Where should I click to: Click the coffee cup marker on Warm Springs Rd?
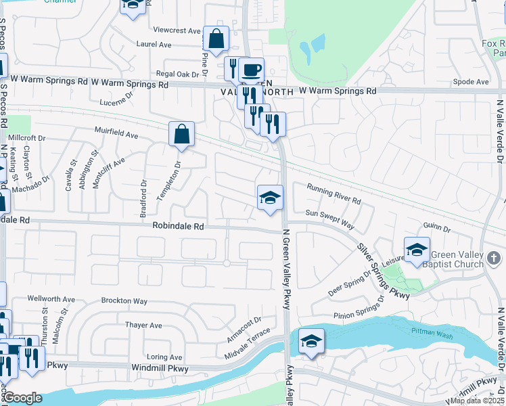click(x=251, y=70)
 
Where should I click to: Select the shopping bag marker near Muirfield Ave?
click(x=182, y=134)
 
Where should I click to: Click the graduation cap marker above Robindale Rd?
click(x=270, y=198)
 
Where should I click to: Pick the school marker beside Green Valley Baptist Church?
click(x=417, y=250)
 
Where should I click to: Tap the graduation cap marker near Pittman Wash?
click(x=311, y=341)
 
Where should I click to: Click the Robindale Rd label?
click(x=178, y=227)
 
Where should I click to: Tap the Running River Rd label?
click(x=334, y=194)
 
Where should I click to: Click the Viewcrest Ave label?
click(x=177, y=30)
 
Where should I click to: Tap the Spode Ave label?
click(x=471, y=82)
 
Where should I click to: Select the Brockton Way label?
click(x=124, y=300)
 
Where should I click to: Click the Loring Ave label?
click(x=165, y=357)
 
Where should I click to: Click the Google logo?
click(x=22, y=398)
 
